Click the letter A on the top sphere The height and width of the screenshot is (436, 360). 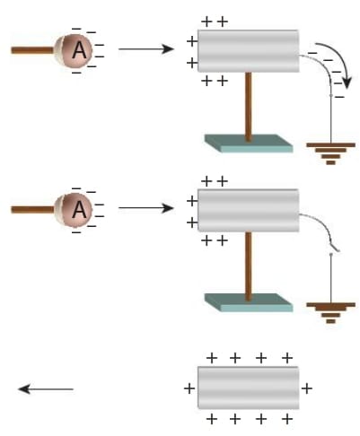(80, 50)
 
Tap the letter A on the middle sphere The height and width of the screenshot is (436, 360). (80, 209)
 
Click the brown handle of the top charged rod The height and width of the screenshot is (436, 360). (32, 50)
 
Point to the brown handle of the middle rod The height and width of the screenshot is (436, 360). (32, 209)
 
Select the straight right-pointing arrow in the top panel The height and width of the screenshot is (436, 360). (146, 48)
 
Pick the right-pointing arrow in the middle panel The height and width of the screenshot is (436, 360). (146, 208)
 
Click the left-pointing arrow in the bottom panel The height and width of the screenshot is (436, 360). (46, 389)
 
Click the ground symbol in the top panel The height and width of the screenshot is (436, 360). (330, 153)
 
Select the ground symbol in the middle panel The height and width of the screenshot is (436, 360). (330, 313)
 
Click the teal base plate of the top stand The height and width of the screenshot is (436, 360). (249, 144)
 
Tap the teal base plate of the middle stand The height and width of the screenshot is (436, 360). (249, 302)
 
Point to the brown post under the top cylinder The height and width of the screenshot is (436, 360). (248, 106)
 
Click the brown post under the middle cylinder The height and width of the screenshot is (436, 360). (248, 266)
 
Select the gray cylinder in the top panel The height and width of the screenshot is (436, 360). (249, 51)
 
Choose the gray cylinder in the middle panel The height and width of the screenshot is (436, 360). (249, 210)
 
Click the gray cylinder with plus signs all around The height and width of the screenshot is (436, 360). (249, 388)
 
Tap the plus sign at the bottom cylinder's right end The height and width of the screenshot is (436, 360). (307, 388)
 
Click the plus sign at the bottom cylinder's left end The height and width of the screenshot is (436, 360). (189, 388)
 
